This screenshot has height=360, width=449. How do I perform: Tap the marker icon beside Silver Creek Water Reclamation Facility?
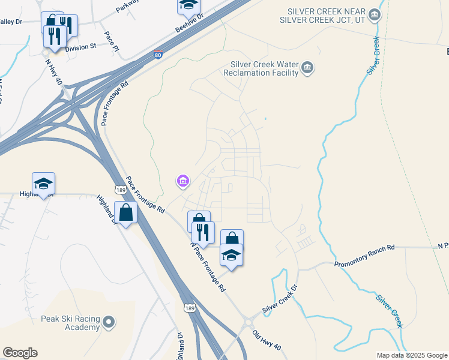pos(307,67)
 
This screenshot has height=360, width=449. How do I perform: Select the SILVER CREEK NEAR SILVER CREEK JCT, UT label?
pos(327,15)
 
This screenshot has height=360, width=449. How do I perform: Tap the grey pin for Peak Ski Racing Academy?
pos(109,323)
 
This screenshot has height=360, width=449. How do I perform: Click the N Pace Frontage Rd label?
pos(208,267)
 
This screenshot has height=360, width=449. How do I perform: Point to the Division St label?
pos(80,47)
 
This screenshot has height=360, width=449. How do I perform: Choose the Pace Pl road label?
pos(112,41)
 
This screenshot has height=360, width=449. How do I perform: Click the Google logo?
pos(20,353)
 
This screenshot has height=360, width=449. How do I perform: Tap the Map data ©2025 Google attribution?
pos(411,355)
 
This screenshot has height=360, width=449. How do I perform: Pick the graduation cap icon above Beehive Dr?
pos(188,5)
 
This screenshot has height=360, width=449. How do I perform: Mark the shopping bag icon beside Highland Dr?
pos(127,212)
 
